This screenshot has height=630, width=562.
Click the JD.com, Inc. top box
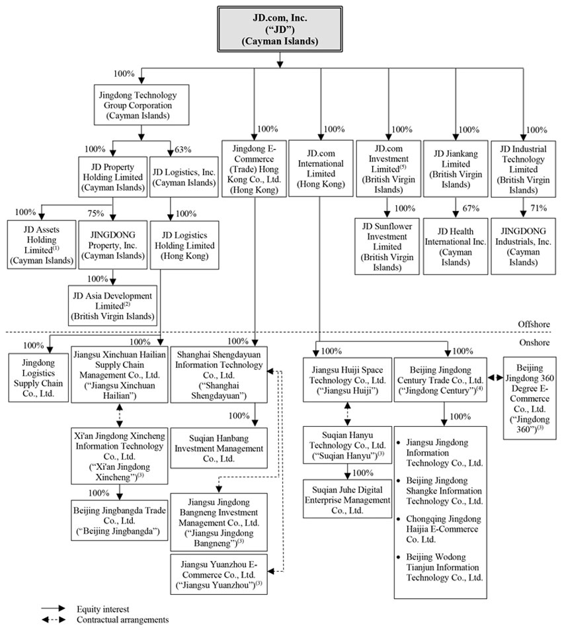click(280, 28)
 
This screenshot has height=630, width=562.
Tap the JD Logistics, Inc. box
click(184, 177)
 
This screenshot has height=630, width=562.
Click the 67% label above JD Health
click(470, 208)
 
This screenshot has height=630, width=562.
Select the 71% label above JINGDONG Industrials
click(538, 208)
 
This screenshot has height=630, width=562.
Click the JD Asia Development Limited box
click(113, 306)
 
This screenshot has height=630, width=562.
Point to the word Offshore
click(535, 324)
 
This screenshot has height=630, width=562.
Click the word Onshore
click(536, 343)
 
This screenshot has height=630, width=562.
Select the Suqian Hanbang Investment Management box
click(219, 448)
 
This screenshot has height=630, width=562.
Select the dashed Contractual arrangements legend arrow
click(53, 620)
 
